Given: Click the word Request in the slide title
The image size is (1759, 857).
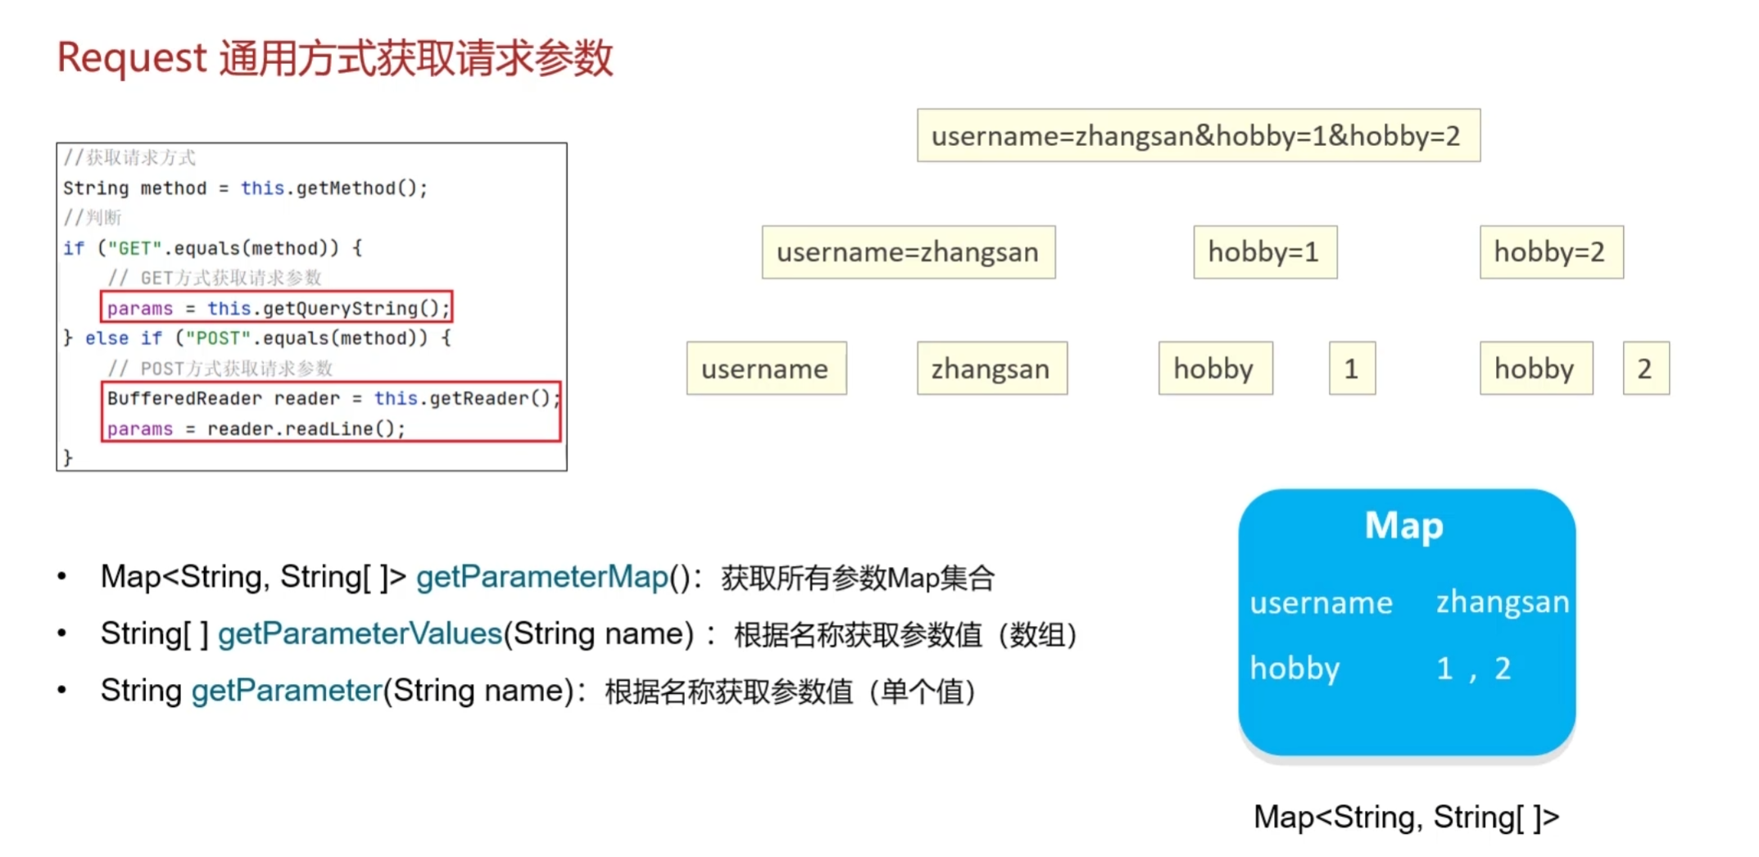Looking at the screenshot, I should click(131, 58).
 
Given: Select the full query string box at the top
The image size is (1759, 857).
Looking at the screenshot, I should click(1198, 135).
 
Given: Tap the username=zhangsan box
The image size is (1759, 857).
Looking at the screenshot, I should click(908, 252).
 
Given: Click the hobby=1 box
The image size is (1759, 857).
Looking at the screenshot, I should click(1264, 252).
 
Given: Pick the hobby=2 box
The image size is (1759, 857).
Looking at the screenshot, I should click(1550, 252).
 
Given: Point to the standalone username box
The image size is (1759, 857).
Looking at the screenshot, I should click(765, 369).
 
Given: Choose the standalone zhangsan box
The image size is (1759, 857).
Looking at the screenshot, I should click(991, 369).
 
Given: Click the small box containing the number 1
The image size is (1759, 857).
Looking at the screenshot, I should click(1351, 369).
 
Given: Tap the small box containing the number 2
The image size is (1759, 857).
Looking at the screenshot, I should click(1645, 369).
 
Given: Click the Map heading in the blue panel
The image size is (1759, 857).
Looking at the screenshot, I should click(1404, 526).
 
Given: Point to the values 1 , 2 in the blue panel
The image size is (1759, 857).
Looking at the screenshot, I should click(1473, 669).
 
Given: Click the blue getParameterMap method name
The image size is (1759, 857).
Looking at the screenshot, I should click(542, 577).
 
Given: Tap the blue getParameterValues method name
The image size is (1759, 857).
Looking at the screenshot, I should click(360, 633).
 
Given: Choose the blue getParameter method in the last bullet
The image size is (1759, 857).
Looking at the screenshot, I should click(287, 691).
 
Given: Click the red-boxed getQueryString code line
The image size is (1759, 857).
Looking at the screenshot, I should click(278, 308).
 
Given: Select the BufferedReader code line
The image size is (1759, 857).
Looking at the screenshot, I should click(332, 399).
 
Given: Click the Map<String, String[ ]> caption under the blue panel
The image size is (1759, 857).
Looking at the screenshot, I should click(1406, 817).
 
